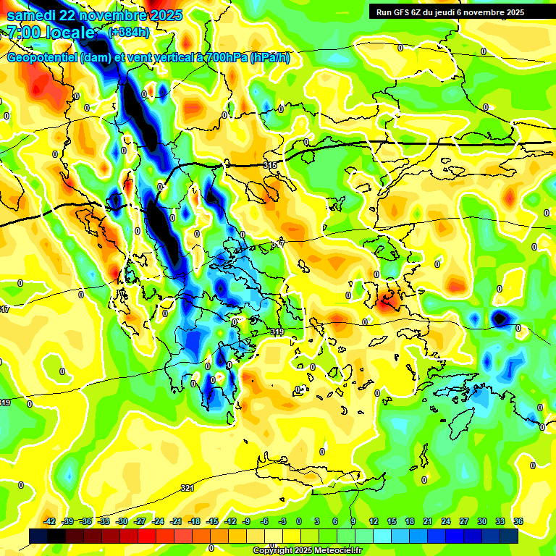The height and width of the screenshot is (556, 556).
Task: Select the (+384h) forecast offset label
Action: (129, 33)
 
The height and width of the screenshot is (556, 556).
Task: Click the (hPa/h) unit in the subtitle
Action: (269, 58)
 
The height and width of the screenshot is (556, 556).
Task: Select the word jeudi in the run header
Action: (453, 12)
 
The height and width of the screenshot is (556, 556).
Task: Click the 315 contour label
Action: (270, 166)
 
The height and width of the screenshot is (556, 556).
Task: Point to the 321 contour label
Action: (187, 488)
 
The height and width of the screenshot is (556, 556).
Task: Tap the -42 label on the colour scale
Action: (50, 521)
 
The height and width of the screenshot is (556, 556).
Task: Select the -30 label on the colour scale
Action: (122, 521)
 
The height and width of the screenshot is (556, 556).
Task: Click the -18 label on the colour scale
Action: (194, 521)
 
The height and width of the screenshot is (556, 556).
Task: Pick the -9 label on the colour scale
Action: (246, 521)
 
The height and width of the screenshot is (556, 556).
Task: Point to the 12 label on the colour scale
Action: (373, 521)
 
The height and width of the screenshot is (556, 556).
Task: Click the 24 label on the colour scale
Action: (445, 521)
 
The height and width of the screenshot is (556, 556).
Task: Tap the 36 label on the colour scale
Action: (518, 521)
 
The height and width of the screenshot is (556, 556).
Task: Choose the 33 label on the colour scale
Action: (500, 521)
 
